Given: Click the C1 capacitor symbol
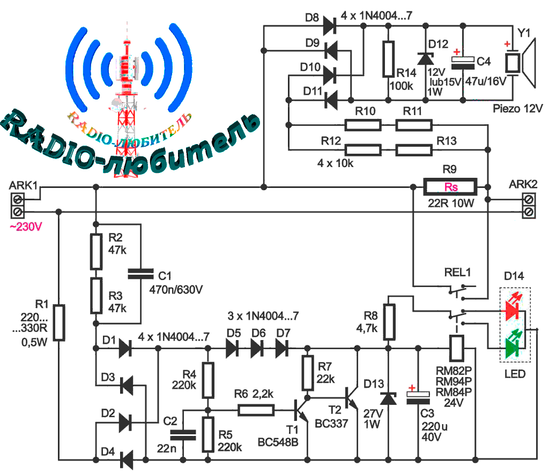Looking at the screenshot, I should [x=140, y=274].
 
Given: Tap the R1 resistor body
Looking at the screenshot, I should [x=60, y=323].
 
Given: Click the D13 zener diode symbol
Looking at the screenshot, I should [x=387, y=398].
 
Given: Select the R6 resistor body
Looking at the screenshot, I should [x=256, y=411].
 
